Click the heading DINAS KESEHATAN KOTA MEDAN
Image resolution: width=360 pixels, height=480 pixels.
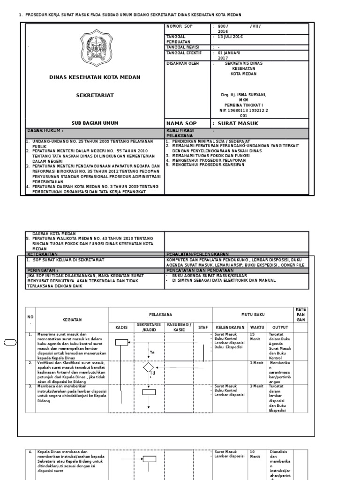click(x=94, y=77)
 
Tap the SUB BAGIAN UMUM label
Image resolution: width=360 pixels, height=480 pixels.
click(x=94, y=123)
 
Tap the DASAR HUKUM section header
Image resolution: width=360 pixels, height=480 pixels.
click(x=45, y=130)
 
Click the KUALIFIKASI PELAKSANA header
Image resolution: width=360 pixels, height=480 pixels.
click(x=180, y=132)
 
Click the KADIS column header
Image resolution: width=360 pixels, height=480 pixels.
click(x=121, y=327)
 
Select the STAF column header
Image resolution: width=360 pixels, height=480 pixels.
click(x=202, y=327)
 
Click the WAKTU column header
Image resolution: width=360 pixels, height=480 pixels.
click(x=256, y=327)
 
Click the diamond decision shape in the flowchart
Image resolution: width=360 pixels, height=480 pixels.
click(x=149, y=367)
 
